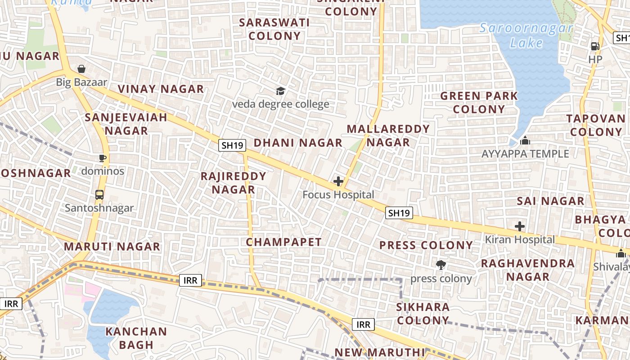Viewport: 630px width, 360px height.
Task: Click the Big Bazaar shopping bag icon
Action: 81,69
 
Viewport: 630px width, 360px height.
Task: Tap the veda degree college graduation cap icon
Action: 281,91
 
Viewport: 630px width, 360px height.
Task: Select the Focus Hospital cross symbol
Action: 338,181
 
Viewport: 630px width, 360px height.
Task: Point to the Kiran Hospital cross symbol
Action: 520,226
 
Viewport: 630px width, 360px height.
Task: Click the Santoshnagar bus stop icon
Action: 99,195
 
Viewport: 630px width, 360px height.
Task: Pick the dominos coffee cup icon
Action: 103,158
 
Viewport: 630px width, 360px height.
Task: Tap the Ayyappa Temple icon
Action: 525,141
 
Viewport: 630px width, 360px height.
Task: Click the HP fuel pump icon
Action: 595,46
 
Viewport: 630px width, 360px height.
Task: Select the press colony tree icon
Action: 441,265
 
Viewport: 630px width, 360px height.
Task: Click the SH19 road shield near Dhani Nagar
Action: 233,145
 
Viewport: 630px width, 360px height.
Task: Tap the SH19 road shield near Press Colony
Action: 399,213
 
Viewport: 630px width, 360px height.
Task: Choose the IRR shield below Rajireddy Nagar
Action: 191,280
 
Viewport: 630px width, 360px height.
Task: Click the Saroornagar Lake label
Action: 526,36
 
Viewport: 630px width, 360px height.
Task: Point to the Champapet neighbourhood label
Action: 284,242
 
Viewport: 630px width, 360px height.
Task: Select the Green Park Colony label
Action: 479,103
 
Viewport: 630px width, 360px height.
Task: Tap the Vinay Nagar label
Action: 161,89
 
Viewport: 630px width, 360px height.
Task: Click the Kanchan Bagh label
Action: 136,338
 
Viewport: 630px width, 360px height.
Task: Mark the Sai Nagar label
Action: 551,201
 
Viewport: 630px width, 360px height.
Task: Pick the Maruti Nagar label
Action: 112,247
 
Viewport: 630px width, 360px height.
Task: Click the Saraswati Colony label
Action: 274,29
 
